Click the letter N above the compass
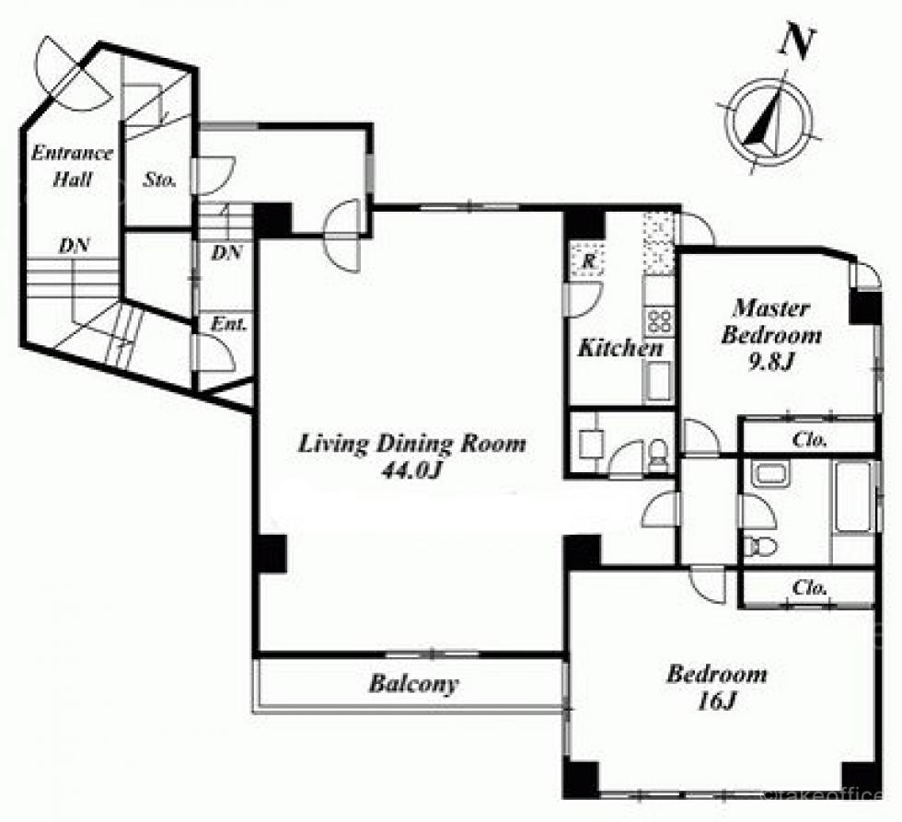click(x=797, y=42)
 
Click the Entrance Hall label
click(x=72, y=166)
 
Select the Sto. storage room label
click(x=159, y=179)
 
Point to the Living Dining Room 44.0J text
click(x=412, y=457)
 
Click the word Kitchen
click(x=620, y=347)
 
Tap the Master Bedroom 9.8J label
click(x=771, y=335)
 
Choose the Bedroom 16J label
click(x=717, y=687)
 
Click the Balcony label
click(x=413, y=683)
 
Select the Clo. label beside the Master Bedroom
click(x=809, y=440)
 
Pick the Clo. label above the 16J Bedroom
click(x=809, y=587)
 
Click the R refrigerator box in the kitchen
click(x=587, y=260)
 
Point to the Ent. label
click(x=229, y=324)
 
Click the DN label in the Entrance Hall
click(x=75, y=246)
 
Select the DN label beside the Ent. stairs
click(x=226, y=252)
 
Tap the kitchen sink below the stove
click(x=657, y=382)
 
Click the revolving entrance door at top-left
click(x=74, y=74)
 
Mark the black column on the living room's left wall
click(x=271, y=553)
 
